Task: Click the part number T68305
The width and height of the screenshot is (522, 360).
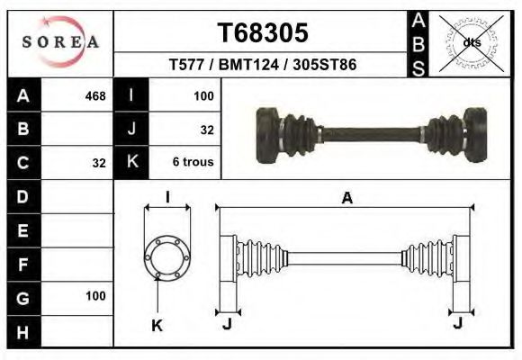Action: click(263, 33)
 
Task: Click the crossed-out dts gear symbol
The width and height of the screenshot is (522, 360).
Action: click(472, 42)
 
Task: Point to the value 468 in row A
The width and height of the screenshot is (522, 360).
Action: click(94, 95)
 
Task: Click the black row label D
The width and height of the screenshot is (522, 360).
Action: click(23, 195)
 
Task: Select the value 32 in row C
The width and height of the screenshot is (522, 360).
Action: click(99, 163)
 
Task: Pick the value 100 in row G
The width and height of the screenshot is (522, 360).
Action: click(95, 296)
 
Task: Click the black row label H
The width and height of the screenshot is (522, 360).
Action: click(23, 332)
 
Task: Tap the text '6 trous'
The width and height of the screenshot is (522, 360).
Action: click(193, 163)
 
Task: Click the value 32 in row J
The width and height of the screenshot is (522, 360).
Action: click(206, 130)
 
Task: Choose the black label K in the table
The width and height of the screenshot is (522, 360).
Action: click(131, 163)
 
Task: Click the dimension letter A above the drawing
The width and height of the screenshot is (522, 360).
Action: click(346, 199)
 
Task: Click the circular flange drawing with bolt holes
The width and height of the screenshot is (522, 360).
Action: click(167, 256)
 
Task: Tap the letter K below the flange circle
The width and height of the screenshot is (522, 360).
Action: click(157, 326)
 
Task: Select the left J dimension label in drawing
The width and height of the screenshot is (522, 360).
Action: click(227, 324)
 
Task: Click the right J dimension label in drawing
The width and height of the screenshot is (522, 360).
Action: click(459, 324)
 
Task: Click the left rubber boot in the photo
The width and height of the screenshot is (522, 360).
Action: click(293, 135)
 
